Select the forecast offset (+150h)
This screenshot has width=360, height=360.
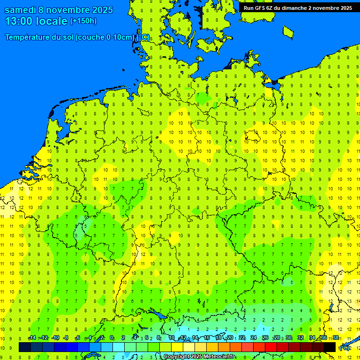point(83,21)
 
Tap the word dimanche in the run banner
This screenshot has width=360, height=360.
point(292,8)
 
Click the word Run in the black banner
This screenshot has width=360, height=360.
point(248,8)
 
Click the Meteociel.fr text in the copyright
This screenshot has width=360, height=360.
point(219,357)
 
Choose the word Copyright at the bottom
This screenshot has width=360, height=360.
point(177,357)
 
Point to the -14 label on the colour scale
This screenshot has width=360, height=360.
point(31,338)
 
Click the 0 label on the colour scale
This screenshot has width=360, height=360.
point(112,338)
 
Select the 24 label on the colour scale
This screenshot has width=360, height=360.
point(254,338)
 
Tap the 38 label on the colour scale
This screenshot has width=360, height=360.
point(336,338)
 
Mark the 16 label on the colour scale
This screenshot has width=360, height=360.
point(206,338)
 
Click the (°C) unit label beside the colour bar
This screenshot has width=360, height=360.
point(344,347)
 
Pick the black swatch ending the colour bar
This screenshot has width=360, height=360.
point(330,347)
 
